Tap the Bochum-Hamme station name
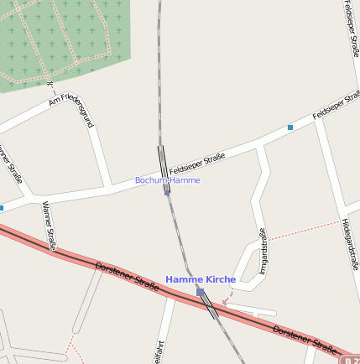pyautogui.click(x=168, y=180)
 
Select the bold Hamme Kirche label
pyautogui.click(x=201, y=278)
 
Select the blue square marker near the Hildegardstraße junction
pyautogui.click(x=290, y=127)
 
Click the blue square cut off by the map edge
pyautogui.click(x=2, y=207)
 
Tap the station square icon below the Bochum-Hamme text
pyautogui.click(x=167, y=191)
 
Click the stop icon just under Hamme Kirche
pyautogui.click(x=201, y=292)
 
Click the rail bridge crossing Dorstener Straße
pyautogui.click(x=208, y=306)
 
